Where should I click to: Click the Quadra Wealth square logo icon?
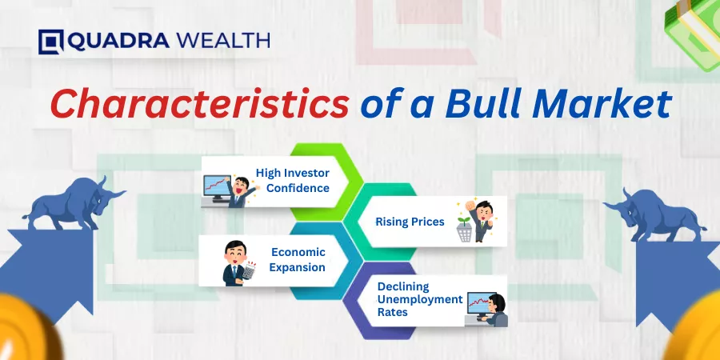[50, 42]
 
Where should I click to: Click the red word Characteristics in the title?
[199, 104]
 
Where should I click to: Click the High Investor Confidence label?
[293, 181]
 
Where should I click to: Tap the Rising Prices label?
[410, 222]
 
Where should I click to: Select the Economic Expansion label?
[298, 259]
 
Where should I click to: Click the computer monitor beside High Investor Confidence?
[217, 188]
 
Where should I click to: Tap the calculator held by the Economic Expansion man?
[249, 270]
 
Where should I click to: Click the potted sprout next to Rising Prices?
[465, 229]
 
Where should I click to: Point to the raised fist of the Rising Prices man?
[470, 205]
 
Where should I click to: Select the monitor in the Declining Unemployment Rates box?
[480, 303]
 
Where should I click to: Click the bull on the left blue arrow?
[74, 203]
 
